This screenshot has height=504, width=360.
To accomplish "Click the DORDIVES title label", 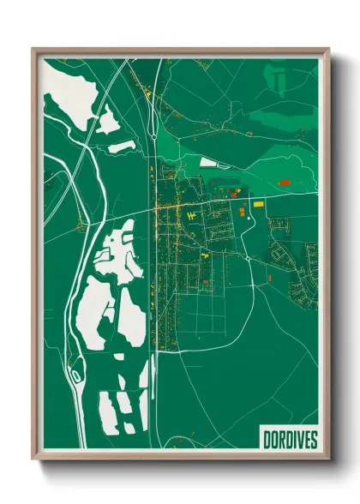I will pyautogui.click(x=287, y=440).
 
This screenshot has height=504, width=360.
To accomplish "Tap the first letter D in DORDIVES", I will pyautogui.click(x=262, y=440).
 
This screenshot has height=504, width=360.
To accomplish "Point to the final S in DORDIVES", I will pyautogui.click(x=313, y=440).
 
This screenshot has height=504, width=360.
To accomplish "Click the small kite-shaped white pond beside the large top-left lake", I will pyautogui.click(x=108, y=122).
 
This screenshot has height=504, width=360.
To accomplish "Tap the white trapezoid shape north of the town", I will pyautogui.click(x=211, y=160).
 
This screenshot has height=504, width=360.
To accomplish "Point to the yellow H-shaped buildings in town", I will pyautogui.click(x=194, y=213).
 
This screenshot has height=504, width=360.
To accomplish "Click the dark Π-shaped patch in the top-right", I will pyautogui.click(x=278, y=79).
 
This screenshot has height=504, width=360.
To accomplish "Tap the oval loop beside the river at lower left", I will pyautogui.click(x=76, y=375).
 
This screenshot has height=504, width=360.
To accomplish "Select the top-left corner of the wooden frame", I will pyautogui.click(x=33, y=48).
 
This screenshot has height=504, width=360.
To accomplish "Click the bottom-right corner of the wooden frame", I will pyautogui.click(x=328, y=459).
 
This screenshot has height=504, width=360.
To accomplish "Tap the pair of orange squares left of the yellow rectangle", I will pyautogui.click(x=242, y=211).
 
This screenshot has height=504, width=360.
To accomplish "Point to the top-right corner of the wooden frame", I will pyautogui.click(x=328, y=48).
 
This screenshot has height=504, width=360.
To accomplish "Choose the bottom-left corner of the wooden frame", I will pyautogui.click(x=33, y=459).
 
